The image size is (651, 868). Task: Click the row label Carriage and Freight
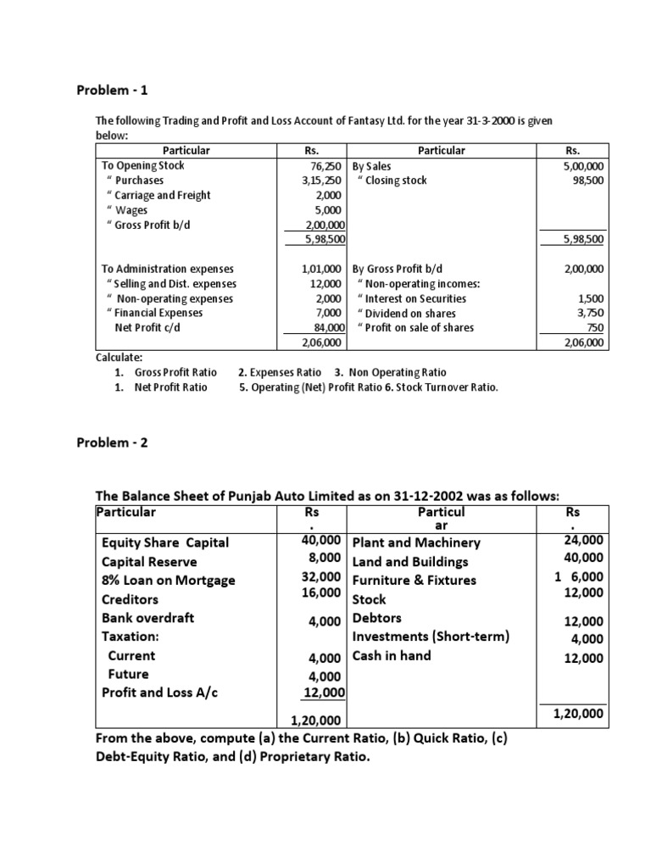pyautogui.click(x=157, y=195)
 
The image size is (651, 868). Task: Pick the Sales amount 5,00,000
pyautogui.click(x=583, y=166)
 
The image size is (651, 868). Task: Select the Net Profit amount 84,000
pyautogui.click(x=327, y=327)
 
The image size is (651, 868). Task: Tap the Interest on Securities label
pyautogui.click(x=411, y=298)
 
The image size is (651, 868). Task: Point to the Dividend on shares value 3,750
pyautogui.click(x=591, y=313)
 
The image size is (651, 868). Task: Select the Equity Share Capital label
pyautogui.click(x=165, y=542)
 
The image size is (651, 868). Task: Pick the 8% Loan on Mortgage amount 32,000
pyautogui.click(x=321, y=576)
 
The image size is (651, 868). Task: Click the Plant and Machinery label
pyautogui.click(x=416, y=542)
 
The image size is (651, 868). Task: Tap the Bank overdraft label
pyautogui.click(x=147, y=618)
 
